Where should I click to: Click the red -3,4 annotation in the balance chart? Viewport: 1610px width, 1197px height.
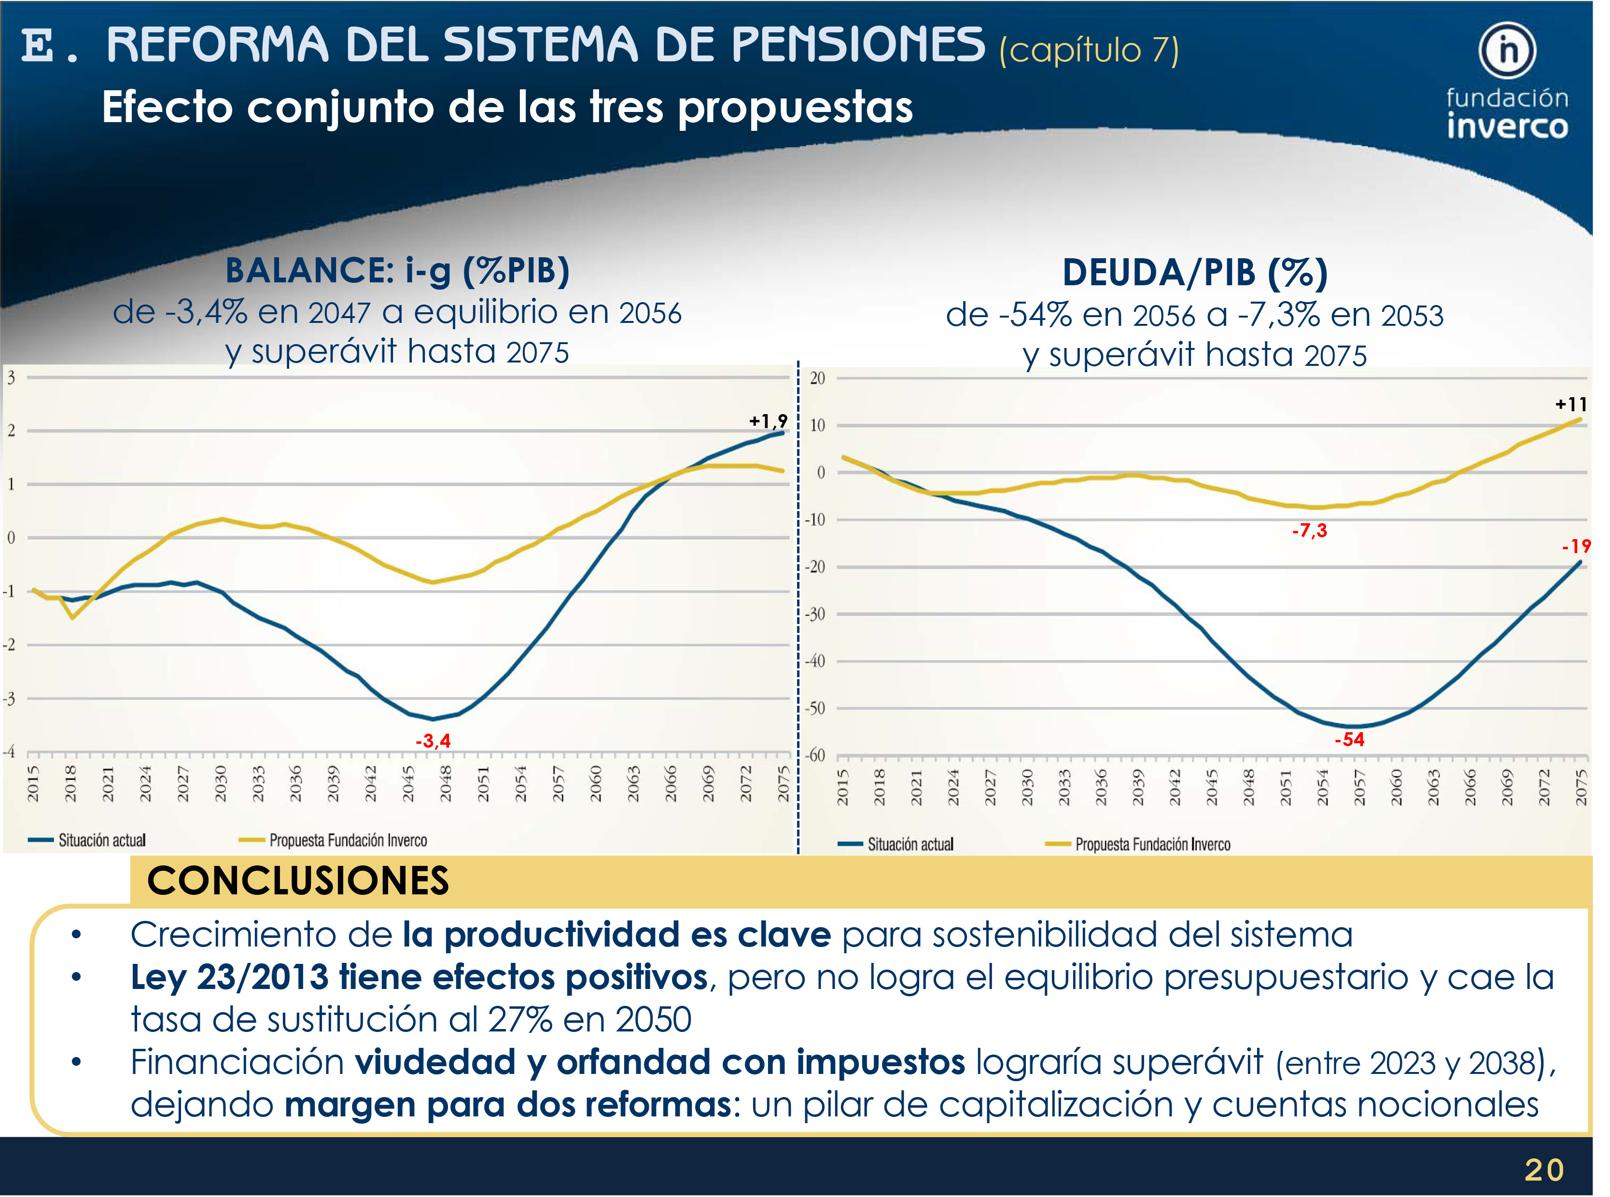[433, 740]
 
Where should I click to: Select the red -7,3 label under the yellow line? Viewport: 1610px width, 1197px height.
[1309, 530]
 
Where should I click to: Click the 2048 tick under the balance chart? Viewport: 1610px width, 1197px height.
[446, 784]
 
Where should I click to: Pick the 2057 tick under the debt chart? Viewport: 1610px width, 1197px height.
[1359, 787]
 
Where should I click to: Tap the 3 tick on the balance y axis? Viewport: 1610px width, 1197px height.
[11, 377]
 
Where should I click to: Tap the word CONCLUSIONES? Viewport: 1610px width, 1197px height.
[298, 881]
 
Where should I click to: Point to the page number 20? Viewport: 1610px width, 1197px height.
[1544, 1170]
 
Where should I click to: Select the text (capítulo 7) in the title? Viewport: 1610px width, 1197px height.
[1088, 51]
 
